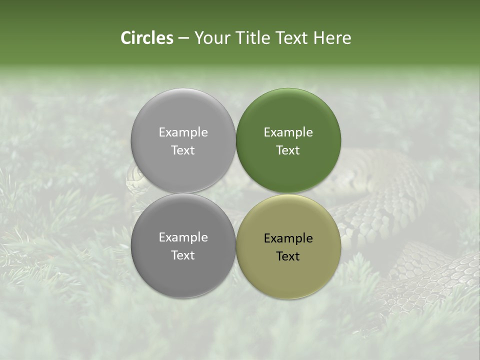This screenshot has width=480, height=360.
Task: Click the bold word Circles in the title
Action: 147,38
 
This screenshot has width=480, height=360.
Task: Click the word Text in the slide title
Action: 291,38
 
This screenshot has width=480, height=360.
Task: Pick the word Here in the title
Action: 332,38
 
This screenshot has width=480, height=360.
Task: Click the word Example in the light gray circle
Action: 183,132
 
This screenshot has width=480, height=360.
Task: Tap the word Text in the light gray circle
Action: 183,150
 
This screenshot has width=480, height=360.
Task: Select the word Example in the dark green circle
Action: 288,132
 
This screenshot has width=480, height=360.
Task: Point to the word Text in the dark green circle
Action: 288,150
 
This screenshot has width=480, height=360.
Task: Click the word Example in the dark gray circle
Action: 183,237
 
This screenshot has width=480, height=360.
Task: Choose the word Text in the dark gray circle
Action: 183,255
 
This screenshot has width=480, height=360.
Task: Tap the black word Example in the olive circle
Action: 288,238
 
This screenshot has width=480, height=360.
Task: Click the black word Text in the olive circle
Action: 288,256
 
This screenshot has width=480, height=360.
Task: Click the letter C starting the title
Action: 126,38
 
